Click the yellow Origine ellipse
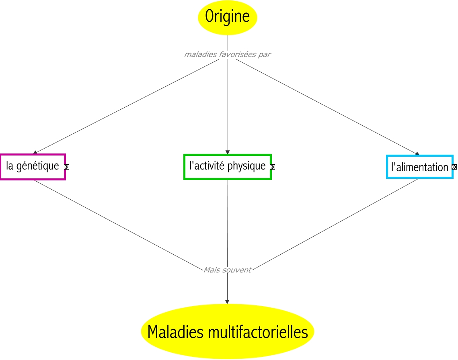(228, 18)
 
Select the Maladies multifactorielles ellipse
(227, 331)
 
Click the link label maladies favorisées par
(228, 54)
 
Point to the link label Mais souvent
(227, 270)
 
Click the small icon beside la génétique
(67, 167)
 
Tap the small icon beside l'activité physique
(273, 167)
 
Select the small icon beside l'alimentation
(454, 167)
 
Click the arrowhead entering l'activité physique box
(228, 152)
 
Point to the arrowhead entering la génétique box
(35, 152)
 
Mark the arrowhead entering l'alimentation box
(417, 153)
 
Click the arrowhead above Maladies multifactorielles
(227, 302)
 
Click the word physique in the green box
(246, 166)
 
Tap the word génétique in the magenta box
(38, 166)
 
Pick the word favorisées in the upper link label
(238, 54)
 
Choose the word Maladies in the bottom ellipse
(175, 332)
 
